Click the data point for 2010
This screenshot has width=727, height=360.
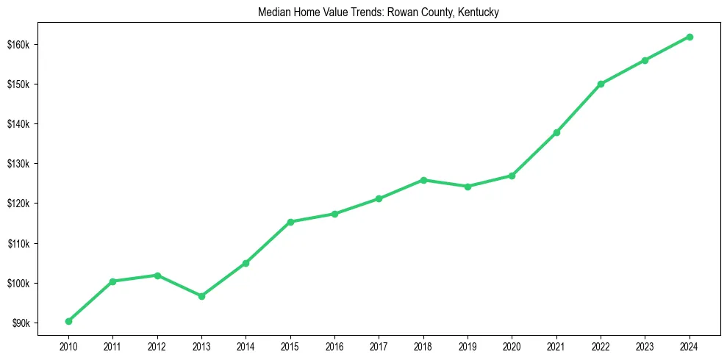68,321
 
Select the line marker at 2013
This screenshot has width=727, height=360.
201,296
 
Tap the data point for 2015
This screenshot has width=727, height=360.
290,222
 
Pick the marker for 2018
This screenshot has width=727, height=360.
423,180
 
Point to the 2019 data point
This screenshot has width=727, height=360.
468,187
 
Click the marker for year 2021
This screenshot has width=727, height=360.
556,132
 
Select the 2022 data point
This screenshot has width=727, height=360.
601,84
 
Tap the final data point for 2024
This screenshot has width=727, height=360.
690,37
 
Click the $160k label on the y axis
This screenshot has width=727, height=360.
18,44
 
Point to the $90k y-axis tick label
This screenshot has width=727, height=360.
20,323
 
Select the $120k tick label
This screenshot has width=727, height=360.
18,204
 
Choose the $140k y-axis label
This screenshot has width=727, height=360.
18,124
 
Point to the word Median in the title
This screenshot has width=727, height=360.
272,12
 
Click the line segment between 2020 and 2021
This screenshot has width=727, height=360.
534,154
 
